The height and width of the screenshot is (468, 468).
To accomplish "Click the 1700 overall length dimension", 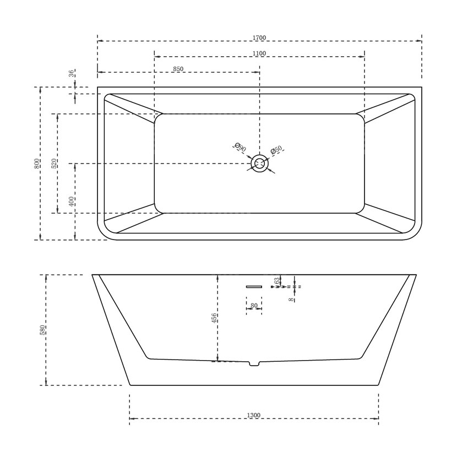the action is click(x=259, y=37).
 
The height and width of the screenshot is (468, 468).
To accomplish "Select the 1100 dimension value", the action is click(x=259, y=53).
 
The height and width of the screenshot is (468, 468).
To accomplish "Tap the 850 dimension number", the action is click(x=178, y=69).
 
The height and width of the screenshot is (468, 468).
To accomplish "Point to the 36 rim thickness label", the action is click(x=72, y=73).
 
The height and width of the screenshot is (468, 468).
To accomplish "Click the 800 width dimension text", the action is click(x=37, y=164).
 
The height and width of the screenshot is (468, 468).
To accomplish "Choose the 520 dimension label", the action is click(x=54, y=164).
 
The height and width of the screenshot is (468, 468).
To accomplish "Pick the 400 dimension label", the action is click(x=72, y=202).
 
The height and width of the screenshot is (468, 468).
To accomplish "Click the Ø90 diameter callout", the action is click(x=240, y=147).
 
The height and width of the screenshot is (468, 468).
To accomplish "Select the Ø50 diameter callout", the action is click(x=276, y=150).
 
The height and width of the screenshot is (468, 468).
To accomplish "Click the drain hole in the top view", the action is click(x=260, y=164).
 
